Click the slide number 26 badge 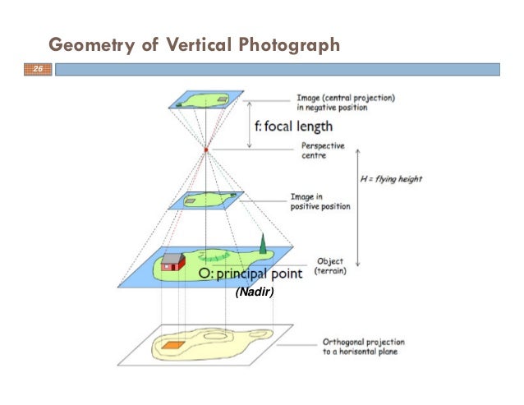pos(36,71)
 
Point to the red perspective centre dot pos(206,150)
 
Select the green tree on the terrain pos(263,243)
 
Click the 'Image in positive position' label pos(320,201)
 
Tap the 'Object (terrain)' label pos(330,265)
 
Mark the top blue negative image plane pos(206,100)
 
